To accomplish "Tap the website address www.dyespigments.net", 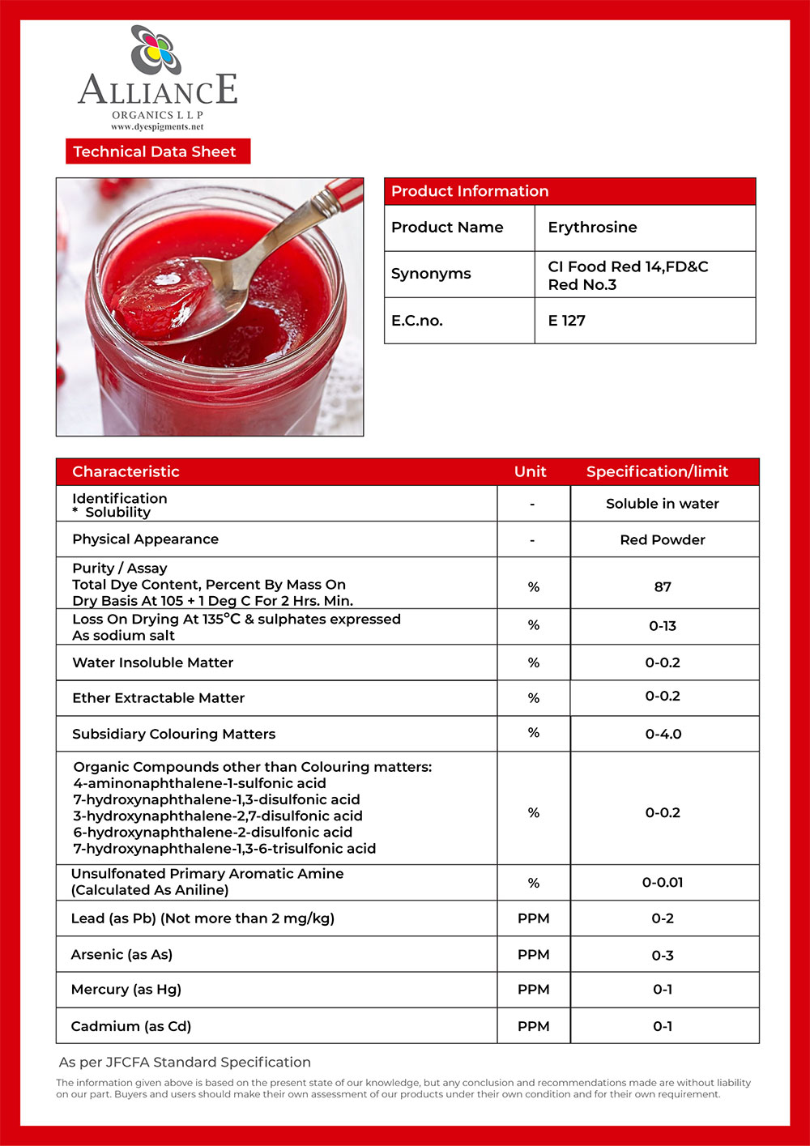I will tap(157, 127).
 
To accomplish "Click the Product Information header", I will tap(470, 191).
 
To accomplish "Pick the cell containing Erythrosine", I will tap(592, 228).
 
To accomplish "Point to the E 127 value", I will tap(566, 321).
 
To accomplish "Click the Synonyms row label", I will tap(431, 274).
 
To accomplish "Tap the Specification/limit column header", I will tap(657, 471).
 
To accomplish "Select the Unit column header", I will tap(531, 471).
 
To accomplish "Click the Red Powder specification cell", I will tap(663, 539).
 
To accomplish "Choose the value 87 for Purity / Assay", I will tap(663, 586).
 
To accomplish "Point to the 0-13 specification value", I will tap(663, 626).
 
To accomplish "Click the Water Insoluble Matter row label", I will tap(152, 662).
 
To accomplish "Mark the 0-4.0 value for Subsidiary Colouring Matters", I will tap(663, 734).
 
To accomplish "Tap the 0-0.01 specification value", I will tap(663, 882).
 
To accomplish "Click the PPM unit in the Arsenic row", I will tap(533, 954).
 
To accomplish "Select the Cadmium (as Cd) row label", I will tap(131, 1026).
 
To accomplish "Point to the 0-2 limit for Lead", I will tap(663, 918).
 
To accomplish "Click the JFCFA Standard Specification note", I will tap(185, 1062).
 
